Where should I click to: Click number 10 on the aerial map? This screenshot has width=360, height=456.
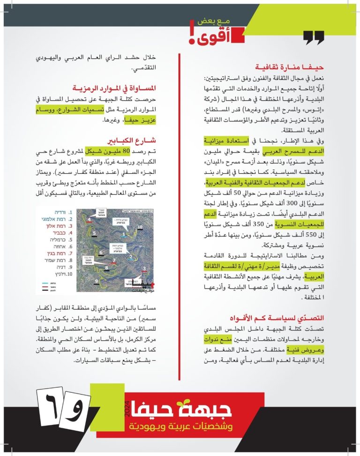pyautogui.click(x=140, y=227)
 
